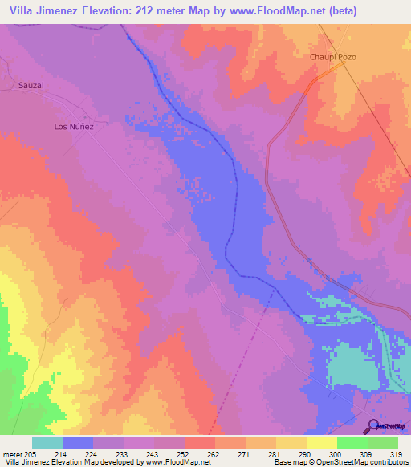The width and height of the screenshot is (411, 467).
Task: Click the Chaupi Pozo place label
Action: (332, 57)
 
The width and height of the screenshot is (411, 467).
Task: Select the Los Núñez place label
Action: (74, 127)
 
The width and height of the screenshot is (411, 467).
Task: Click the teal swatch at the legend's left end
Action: (47, 442)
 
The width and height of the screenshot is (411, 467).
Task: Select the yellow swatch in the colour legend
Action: (321, 442)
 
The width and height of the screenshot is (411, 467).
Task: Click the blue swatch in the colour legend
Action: (78, 442)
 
